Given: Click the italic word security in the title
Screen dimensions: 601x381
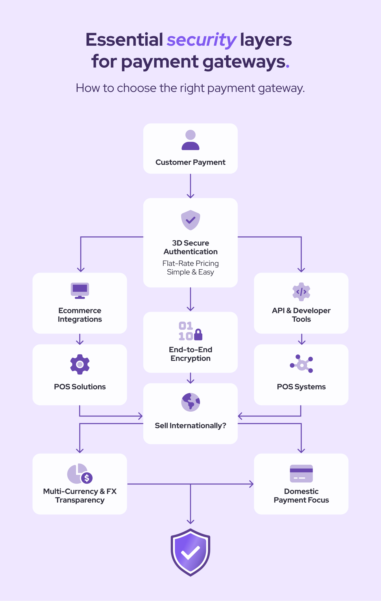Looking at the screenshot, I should [202, 40].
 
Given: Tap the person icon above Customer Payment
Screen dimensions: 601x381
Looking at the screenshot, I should [190, 140].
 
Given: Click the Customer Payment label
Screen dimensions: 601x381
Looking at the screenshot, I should [190, 162].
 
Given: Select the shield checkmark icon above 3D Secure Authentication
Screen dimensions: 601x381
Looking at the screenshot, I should [190, 220].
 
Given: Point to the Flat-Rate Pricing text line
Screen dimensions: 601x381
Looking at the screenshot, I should [190, 263].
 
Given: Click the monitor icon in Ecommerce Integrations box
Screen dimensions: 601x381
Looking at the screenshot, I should [80, 290].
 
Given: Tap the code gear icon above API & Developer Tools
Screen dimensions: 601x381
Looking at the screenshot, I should [301, 292].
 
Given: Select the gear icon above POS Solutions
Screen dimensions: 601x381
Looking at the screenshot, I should [80, 364].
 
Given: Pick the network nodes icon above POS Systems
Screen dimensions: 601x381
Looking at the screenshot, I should [301, 364].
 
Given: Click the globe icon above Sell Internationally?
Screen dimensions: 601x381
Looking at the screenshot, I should [190, 402].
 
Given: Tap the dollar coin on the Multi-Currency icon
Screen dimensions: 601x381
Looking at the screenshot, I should [87, 478].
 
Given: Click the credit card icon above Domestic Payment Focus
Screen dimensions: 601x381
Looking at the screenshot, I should [301, 473].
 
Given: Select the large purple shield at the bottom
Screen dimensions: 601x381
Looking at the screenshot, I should [190, 552].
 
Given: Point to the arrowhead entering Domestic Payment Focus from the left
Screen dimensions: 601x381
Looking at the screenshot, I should [251, 484].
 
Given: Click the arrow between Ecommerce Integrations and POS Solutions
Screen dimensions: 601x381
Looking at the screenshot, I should [80, 339].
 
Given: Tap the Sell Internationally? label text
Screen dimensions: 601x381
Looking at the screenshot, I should [190, 425].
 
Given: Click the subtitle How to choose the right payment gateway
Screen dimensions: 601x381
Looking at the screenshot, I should [190, 88].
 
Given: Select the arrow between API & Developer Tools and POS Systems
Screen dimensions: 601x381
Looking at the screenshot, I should [302, 339].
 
